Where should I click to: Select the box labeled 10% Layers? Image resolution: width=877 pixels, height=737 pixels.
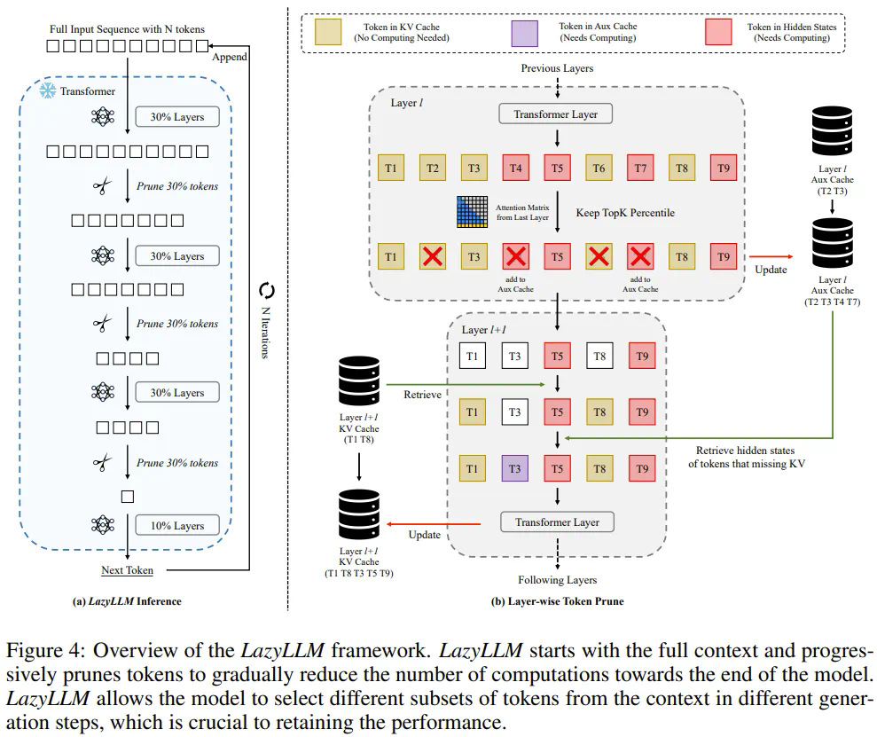tap(176, 526)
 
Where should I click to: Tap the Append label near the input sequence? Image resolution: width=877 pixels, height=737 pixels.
tap(230, 58)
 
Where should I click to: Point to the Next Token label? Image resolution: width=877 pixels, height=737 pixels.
tap(127, 570)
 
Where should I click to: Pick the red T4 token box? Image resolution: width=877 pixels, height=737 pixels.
tap(516, 169)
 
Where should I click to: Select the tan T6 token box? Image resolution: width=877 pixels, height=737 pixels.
tap(599, 169)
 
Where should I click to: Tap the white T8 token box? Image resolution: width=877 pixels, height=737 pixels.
tap(599, 357)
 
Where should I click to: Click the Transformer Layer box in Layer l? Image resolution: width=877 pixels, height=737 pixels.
tap(556, 114)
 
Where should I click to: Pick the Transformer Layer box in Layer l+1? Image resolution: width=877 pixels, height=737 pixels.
tap(557, 522)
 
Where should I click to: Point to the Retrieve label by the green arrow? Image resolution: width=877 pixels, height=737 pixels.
tap(422, 394)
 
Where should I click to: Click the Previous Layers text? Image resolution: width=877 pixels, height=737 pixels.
tap(557, 68)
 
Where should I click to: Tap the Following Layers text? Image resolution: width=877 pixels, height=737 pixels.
tap(558, 580)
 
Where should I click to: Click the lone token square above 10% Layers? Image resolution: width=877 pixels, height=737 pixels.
tap(128, 497)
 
